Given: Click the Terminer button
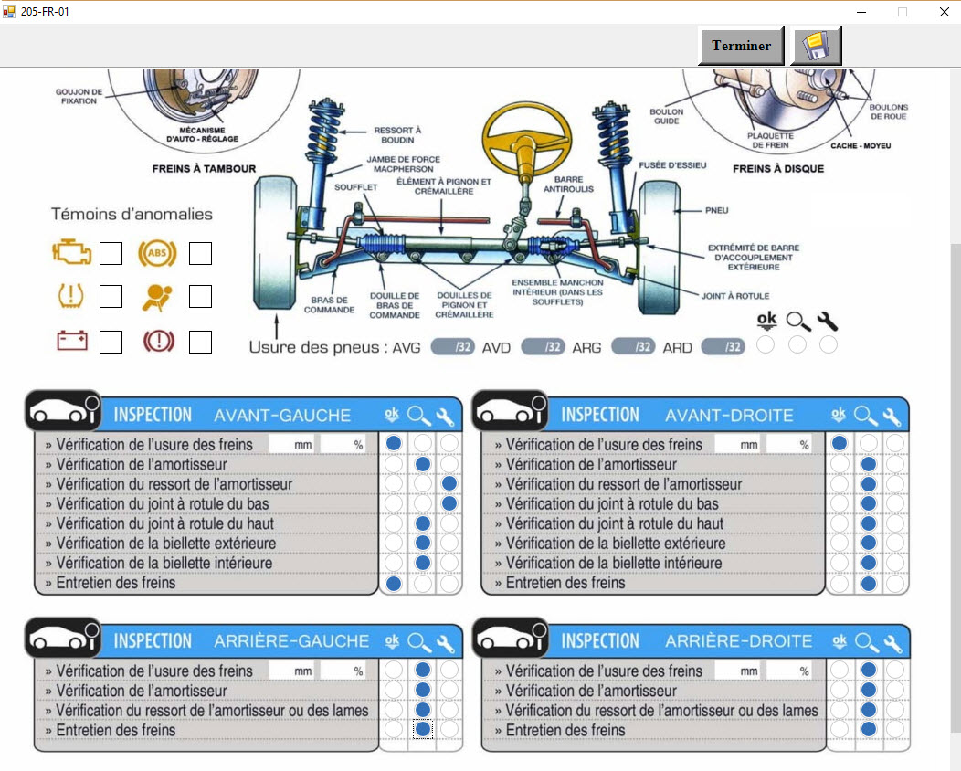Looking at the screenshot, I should [741, 46].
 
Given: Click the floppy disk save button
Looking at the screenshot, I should [817, 46].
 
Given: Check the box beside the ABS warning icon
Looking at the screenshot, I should [200, 253].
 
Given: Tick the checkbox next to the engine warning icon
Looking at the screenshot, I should [111, 253].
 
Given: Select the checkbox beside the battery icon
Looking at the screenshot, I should [111, 342].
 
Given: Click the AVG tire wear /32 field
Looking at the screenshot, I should [452, 347].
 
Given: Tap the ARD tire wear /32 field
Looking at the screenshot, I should [723, 347].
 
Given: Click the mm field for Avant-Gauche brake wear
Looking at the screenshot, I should [291, 445].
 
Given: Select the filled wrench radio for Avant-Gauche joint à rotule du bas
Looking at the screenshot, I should [449, 503].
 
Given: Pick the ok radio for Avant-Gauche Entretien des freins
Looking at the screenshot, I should [394, 583].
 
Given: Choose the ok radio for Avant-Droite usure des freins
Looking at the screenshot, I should [840, 444].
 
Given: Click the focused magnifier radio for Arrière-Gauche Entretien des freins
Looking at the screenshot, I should [422, 729].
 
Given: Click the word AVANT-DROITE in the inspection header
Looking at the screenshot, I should [729, 416].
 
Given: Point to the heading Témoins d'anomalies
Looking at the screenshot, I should [132, 214].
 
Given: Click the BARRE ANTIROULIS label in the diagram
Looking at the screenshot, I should [568, 185].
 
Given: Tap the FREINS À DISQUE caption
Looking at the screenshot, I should [778, 168].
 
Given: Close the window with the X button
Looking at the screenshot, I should [944, 12].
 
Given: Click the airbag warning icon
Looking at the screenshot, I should [156, 296].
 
